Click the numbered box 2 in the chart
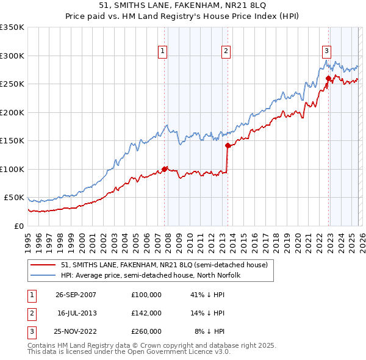[x=226, y=51]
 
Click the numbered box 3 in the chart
[x=326, y=51]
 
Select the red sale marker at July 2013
[x=228, y=145]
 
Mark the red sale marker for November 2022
[x=328, y=78]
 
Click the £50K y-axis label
[x=14, y=198]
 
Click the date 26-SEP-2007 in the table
[x=76, y=295]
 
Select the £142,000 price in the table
[x=146, y=312]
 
